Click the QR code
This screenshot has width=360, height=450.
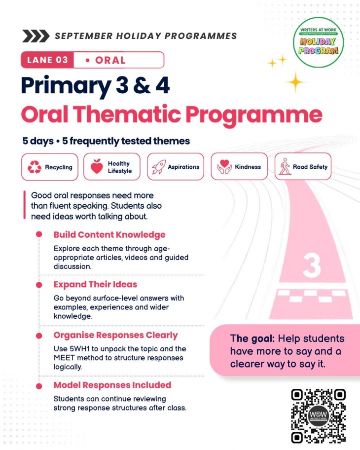[318, 415]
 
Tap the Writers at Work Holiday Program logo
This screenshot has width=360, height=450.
[319, 42]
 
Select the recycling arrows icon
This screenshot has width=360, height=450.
[35, 167]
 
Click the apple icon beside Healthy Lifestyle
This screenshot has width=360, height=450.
[97, 166]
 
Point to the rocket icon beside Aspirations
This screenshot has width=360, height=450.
[159, 167]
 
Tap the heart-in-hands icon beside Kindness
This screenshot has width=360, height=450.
[224, 167]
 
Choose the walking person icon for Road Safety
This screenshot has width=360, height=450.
[285, 166]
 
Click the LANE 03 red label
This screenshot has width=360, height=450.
[47, 60]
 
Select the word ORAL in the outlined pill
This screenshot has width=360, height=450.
[110, 60]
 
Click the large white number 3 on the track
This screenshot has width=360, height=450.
[311, 265]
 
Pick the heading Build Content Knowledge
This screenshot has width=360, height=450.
[109, 235]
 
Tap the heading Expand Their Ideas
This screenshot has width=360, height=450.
[95, 284]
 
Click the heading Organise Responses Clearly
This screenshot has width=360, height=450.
[115, 335]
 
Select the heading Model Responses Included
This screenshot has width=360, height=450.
[112, 385]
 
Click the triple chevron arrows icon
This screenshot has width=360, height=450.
[36, 36]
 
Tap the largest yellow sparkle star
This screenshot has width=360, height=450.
[295, 82]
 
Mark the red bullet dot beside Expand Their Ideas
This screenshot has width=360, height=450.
[39, 285]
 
